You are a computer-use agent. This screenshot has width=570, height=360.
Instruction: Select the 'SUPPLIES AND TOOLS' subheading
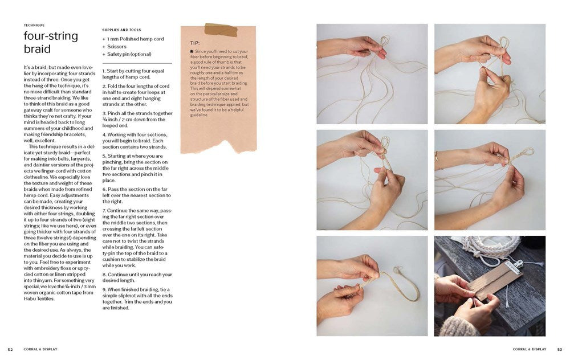121,30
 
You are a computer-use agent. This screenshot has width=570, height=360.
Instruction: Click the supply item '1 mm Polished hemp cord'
135,39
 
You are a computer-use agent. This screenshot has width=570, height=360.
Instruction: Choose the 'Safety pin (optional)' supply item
129,54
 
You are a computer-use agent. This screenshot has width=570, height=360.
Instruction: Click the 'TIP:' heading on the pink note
195,43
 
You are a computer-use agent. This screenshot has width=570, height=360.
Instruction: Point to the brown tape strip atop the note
220,30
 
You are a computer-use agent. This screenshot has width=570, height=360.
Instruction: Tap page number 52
10,349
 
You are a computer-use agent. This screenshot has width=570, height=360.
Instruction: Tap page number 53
559,349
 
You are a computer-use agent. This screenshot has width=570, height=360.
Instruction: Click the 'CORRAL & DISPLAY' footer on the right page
530,349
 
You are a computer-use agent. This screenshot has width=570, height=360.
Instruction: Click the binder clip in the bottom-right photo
527,265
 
